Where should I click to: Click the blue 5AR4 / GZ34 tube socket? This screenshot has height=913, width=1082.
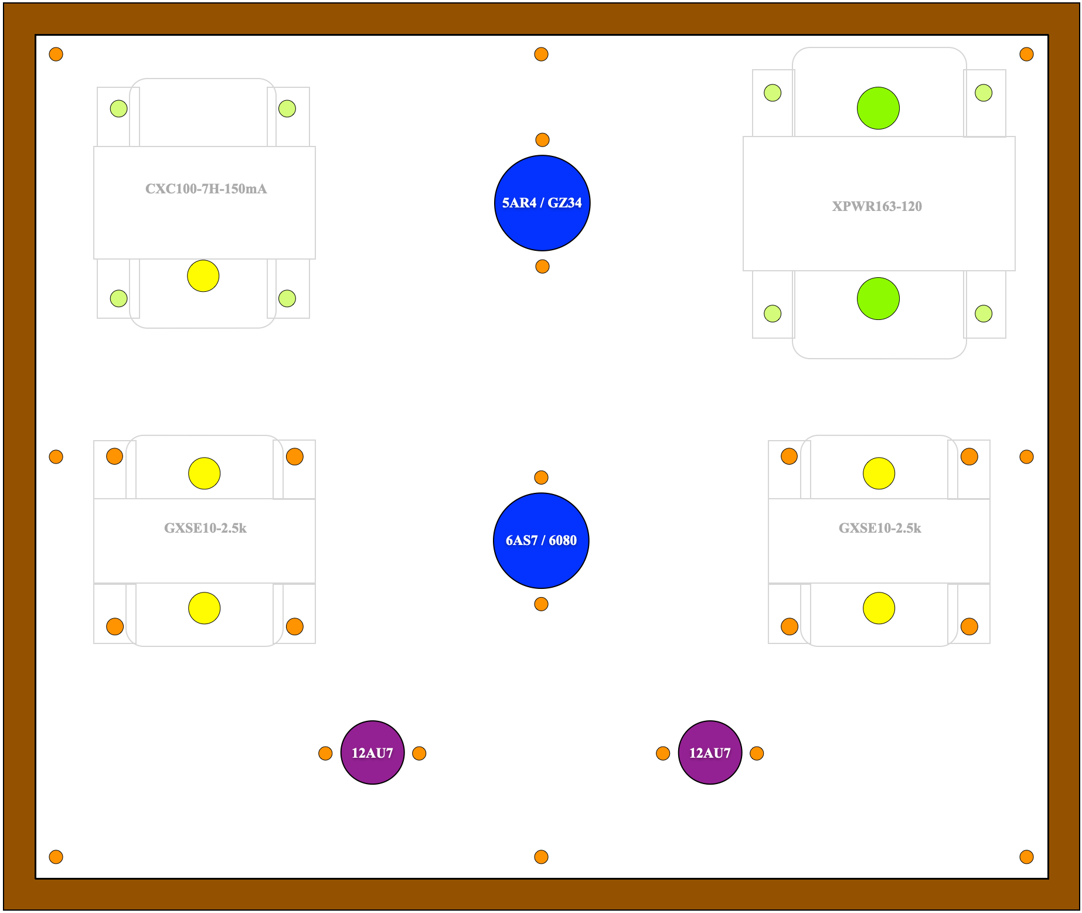[542, 203]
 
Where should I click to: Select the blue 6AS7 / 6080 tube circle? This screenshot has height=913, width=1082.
[541, 540]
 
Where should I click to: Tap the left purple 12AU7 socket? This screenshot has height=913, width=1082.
[372, 752]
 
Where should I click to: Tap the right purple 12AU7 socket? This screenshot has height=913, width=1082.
[710, 752]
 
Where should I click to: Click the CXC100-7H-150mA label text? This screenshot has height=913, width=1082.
[206, 189]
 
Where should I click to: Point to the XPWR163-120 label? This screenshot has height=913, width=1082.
[877, 206]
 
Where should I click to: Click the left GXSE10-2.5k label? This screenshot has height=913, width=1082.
[205, 528]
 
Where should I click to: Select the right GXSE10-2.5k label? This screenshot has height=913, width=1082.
[880, 528]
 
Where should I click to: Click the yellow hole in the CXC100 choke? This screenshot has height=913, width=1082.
[203, 276]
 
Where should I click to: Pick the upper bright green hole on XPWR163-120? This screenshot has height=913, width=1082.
[878, 108]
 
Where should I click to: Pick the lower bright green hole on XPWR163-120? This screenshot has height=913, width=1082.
[878, 299]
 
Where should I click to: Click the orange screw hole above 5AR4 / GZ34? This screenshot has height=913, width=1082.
[542, 140]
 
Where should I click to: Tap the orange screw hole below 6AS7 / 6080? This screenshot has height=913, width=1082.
[541, 604]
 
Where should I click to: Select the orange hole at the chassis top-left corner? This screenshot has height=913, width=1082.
[56, 54]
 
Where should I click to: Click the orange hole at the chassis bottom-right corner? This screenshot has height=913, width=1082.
[1026, 857]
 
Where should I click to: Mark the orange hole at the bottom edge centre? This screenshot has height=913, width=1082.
[541, 857]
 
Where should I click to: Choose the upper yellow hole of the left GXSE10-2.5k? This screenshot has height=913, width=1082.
[205, 473]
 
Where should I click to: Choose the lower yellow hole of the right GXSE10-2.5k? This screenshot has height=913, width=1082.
[879, 608]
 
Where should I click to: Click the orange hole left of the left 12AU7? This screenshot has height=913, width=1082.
[325, 754]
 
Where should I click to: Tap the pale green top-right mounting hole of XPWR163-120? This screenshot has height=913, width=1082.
[984, 93]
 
